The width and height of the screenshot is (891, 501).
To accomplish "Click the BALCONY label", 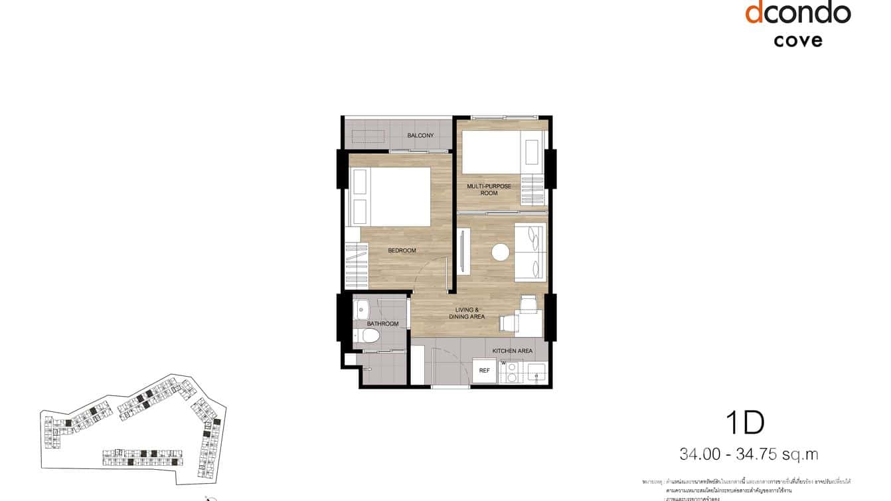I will click(420, 136).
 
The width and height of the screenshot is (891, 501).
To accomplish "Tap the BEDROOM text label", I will click(402, 250).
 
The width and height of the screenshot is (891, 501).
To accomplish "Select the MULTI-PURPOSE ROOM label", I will click(489, 190).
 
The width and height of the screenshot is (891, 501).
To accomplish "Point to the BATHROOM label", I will click(382, 324).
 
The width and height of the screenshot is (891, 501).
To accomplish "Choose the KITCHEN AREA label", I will click(512, 351).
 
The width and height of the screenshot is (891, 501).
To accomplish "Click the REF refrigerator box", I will click(485, 371).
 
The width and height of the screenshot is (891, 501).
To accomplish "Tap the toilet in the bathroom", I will click(370, 335).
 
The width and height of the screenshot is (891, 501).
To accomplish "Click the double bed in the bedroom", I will click(392, 197).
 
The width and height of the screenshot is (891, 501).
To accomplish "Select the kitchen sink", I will click(534, 374).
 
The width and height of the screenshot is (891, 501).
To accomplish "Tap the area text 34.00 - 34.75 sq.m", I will click(748, 454).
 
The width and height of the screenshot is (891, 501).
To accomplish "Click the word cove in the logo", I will click(797, 41).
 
